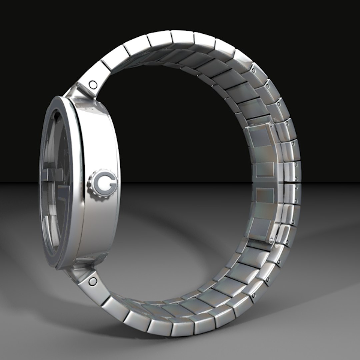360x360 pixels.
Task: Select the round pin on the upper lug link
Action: (x=92, y=83)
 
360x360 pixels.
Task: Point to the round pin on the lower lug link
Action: (x=92, y=282)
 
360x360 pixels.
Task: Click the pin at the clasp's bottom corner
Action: (x=271, y=239)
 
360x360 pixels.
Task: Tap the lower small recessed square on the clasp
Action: (x=265, y=193)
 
